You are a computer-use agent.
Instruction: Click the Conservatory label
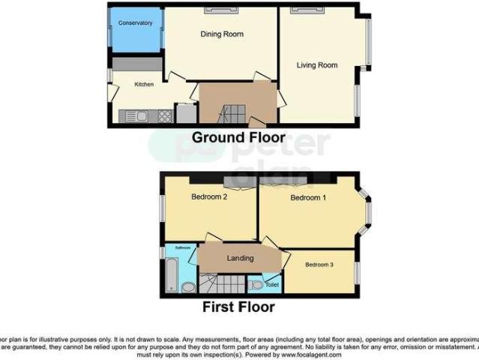pos(135,23)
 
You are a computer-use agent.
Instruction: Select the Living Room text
pos(316,65)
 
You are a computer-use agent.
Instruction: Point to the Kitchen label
pos(144,84)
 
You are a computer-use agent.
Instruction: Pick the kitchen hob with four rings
pos(163,115)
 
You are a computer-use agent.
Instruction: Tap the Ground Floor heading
pos(238,138)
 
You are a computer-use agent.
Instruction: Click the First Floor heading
pos(238,307)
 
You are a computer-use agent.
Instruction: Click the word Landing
pos(240,259)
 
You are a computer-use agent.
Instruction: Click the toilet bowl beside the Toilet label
pos(257,284)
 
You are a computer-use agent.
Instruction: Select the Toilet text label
pos(271,286)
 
